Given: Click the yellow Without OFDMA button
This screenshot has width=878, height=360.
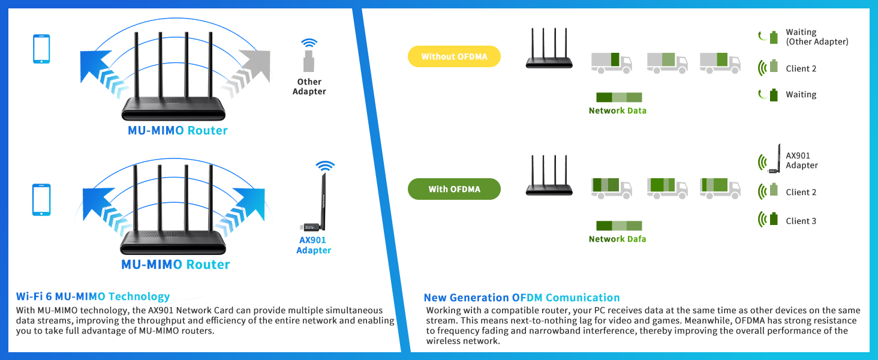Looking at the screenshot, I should click(454, 57).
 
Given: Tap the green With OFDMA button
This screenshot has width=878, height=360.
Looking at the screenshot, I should click(454, 189).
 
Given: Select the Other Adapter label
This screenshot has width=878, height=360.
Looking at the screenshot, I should click(309, 86).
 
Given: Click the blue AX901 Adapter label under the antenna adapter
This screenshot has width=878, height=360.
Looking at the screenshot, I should click(313, 245).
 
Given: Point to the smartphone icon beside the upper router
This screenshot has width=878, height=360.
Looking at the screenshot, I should click(41, 49).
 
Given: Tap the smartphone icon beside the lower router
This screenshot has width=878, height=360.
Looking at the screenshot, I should click(41, 200).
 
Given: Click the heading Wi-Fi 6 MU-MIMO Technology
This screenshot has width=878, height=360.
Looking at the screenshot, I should click(93, 296).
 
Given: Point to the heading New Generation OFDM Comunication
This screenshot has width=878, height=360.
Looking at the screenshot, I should click(521, 298).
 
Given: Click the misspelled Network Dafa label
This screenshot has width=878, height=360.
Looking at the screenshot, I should click(617, 239).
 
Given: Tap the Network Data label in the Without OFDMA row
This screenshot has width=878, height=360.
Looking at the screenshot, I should click(617, 110).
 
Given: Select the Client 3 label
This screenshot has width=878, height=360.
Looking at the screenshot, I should click(801, 221).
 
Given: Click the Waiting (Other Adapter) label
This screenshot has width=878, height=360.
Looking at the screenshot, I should click(816, 37).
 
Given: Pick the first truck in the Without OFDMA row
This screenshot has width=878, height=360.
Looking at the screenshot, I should click(611, 62).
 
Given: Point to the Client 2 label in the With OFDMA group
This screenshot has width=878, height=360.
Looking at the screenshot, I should click(801, 192).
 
